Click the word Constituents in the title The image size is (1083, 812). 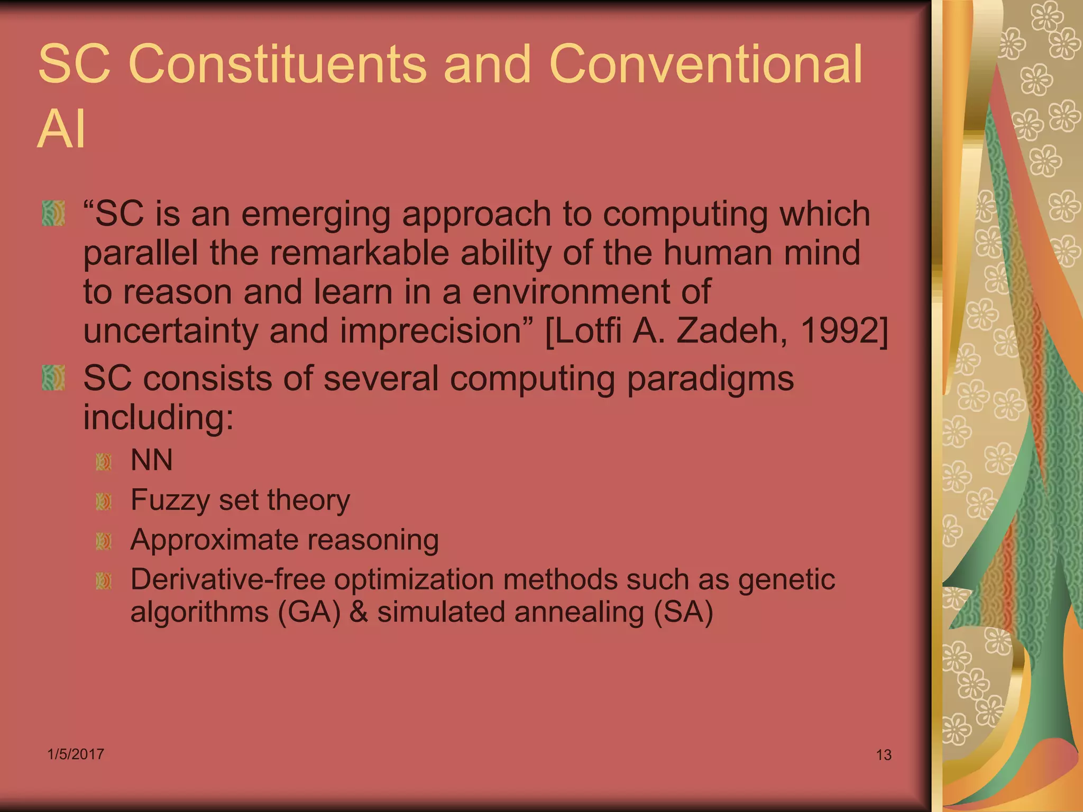pos(277,64)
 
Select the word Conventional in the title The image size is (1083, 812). pos(706,64)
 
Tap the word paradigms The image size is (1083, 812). pos(710,379)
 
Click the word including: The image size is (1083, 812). pos(158,418)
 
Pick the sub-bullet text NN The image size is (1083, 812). pos(152,460)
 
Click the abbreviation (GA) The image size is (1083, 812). pos(309,613)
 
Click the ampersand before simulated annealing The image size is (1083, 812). pos(359,613)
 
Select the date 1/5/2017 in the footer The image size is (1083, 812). pos(76,754)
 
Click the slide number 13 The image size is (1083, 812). pos(884,755)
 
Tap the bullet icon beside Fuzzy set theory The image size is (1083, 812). pos(104,502)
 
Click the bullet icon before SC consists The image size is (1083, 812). pos(53,378)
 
